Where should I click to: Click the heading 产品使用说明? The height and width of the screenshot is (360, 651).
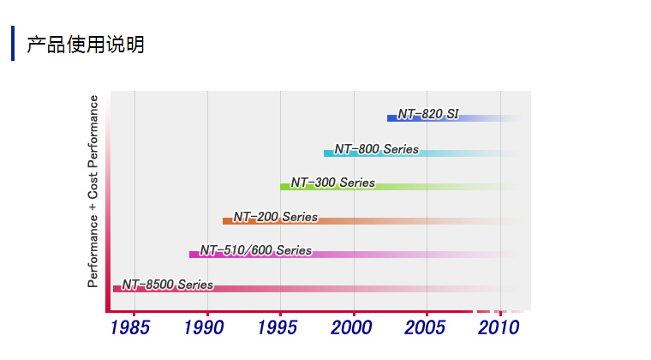(x=85, y=45)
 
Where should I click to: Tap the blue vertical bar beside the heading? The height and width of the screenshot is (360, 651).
(x=13, y=44)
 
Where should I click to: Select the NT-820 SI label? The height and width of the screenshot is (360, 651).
(x=428, y=114)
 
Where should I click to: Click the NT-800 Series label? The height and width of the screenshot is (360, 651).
(x=377, y=149)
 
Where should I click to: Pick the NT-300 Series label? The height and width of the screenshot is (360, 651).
(x=332, y=183)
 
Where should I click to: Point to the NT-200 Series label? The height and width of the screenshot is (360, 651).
(x=275, y=217)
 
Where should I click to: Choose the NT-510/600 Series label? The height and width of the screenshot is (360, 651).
(x=256, y=250)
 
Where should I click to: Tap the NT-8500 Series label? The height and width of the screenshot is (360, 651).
(x=167, y=285)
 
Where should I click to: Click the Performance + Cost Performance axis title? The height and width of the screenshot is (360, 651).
(x=93, y=190)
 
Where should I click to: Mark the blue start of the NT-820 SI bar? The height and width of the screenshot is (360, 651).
(x=391, y=118)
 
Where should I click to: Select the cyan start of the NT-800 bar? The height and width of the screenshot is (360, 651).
(x=328, y=153)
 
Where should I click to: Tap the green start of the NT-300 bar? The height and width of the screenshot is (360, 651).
(x=284, y=187)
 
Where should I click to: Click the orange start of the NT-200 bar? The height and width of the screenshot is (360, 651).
(x=227, y=221)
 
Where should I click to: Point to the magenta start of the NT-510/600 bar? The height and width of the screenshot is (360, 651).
(x=194, y=255)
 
